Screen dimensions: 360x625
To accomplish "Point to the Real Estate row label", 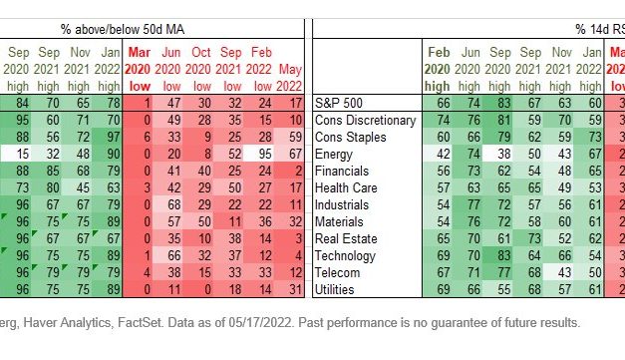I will pos(345,238).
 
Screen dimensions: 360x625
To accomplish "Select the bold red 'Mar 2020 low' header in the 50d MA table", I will pos(140,66).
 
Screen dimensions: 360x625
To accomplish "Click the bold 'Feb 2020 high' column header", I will pos(439,66).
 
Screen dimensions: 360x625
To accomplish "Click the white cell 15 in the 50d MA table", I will pos(19,154).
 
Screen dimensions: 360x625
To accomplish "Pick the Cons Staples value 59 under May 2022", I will pos(293,137).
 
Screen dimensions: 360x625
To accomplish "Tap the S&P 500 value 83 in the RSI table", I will pos(504,103).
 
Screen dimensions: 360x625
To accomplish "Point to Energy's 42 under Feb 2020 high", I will pos(440,154).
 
